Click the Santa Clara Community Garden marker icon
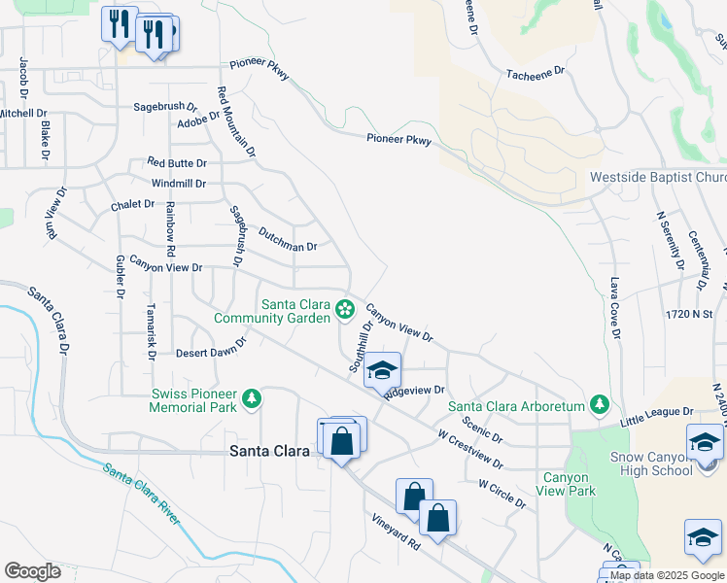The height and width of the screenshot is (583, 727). pyautogui.click(x=344, y=310)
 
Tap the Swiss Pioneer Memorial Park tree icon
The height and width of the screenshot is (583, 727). pyautogui.click(x=252, y=399)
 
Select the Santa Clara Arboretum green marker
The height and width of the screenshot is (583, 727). pyautogui.click(x=601, y=404)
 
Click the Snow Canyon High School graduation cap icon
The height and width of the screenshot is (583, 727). pyautogui.click(x=705, y=443)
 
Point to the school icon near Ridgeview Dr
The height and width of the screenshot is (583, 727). pyautogui.click(x=383, y=370)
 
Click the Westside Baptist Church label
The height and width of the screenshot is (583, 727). pyautogui.click(x=658, y=178)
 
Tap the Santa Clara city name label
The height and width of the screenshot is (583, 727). pyautogui.click(x=268, y=450)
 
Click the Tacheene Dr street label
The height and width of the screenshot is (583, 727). pyautogui.click(x=536, y=73)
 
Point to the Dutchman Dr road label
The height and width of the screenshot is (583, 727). pyautogui.click(x=288, y=239)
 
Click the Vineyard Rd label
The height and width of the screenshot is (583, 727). pyautogui.click(x=395, y=532)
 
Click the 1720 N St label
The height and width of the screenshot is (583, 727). pyautogui.click(x=689, y=315)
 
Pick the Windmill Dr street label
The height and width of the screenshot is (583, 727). pyautogui.click(x=179, y=183)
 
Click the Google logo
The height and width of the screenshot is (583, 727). pyautogui.click(x=33, y=571)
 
